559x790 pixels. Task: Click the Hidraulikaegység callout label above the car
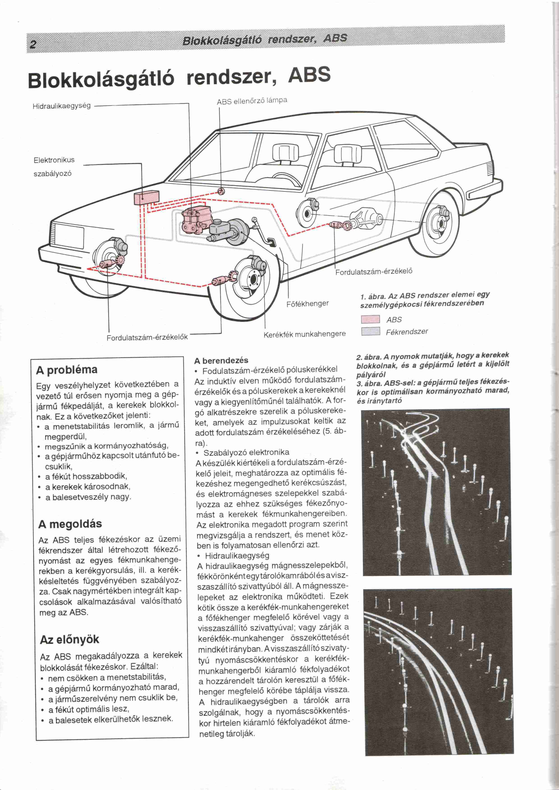pos(62,106)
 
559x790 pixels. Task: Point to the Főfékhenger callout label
pos(307,303)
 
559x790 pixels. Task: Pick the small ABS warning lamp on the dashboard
pos(221,191)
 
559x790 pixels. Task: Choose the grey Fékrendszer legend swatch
pos(370,332)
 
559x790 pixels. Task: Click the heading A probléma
pos(67,370)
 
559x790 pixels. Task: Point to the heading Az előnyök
pos(69,639)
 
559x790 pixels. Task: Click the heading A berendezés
pos(221,360)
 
